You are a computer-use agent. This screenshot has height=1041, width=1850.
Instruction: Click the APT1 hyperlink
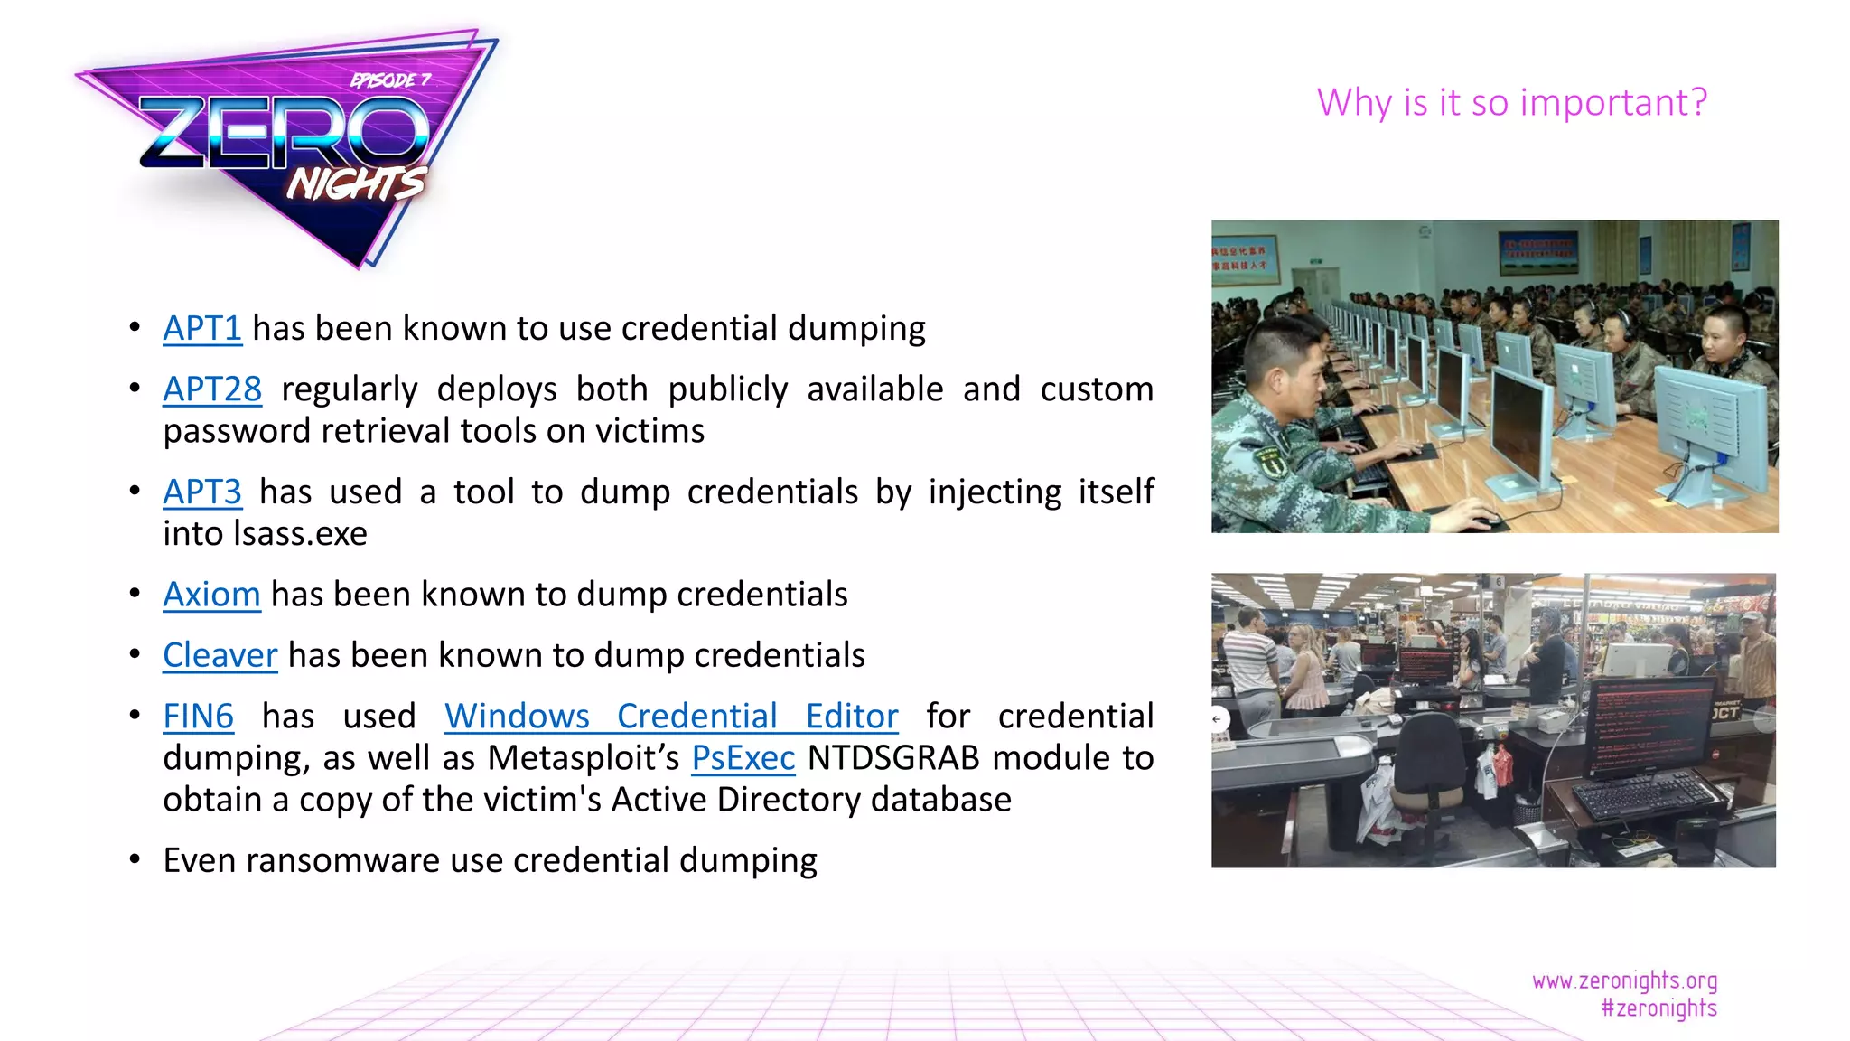(x=201, y=329)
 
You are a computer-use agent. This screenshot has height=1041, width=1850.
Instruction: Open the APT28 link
(x=212, y=389)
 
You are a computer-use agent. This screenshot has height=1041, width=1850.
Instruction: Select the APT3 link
(x=201, y=492)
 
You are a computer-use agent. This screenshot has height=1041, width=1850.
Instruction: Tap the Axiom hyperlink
(x=211, y=596)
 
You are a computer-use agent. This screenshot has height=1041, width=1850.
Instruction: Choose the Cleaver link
(x=220, y=656)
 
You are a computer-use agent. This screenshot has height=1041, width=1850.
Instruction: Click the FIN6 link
(x=198, y=717)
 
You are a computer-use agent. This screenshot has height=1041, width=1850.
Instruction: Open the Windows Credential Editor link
(x=670, y=717)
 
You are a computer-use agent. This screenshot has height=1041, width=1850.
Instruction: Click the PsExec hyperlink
(x=743, y=758)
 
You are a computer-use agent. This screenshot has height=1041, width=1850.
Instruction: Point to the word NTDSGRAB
(x=892, y=758)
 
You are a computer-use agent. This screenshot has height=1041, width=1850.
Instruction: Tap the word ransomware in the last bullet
(x=342, y=861)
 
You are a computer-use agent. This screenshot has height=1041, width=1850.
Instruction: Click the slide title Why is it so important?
(x=1511, y=102)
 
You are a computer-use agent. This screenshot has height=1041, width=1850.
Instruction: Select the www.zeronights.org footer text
(x=1624, y=980)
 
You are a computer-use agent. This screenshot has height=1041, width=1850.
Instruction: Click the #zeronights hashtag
(x=1658, y=1008)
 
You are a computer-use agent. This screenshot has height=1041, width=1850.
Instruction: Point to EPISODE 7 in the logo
(x=390, y=80)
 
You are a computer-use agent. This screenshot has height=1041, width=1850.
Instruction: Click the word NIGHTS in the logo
(x=355, y=184)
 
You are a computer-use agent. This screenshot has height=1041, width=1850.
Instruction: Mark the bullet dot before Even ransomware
(x=135, y=860)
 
